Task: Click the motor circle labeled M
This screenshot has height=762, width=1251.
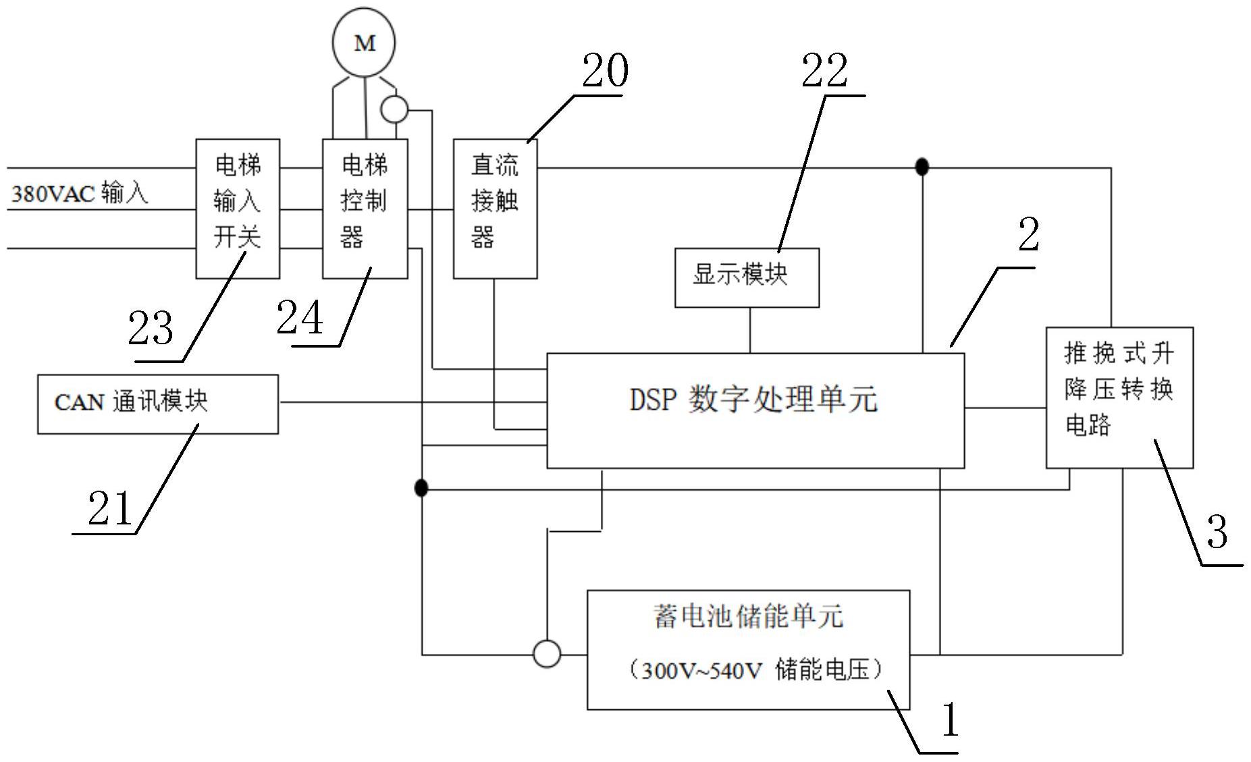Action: tap(364, 42)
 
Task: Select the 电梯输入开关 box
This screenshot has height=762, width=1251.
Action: tap(238, 209)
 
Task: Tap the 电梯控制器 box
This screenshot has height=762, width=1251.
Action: tap(365, 209)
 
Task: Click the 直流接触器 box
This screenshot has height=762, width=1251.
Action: tap(495, 209)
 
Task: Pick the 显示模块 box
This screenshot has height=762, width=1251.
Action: tap(747, 277)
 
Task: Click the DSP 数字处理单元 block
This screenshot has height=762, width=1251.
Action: tap(755, 410)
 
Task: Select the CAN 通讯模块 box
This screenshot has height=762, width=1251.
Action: tap(157, 404)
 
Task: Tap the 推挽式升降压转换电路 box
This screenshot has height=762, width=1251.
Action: tap(1119, 397)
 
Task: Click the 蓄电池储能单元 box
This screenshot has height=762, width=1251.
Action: tap(748, 649)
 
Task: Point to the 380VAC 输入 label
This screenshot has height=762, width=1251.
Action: tap(80, 194)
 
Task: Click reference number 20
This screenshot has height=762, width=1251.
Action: tap(605, 71)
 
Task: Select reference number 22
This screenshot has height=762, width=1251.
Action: tap(824, 71)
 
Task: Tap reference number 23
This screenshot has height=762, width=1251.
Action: tap(151, 329)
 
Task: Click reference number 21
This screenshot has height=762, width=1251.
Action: tap(110, 508)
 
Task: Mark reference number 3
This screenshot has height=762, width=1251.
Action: tap(1217, 532)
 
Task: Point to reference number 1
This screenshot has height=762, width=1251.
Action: tap(949, 719)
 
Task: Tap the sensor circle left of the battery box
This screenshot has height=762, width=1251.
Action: tap(546, 654)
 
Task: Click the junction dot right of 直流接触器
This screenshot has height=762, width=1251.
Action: tap(922, 167)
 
